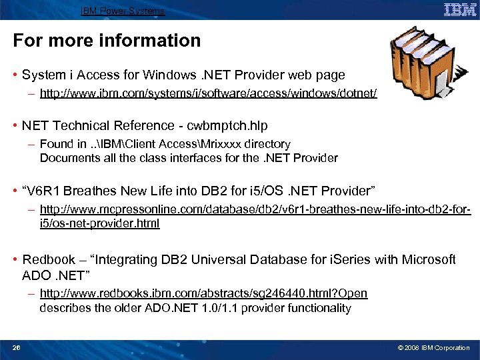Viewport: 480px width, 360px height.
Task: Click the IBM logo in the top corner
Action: (460, 10)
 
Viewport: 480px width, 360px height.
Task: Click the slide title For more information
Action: (107, 41)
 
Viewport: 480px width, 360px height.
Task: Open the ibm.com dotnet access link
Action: (208, 94)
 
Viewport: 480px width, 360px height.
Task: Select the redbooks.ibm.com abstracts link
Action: (203, 293)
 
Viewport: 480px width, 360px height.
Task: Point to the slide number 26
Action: (17, 348)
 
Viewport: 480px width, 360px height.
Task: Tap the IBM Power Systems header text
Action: (123, 11)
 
